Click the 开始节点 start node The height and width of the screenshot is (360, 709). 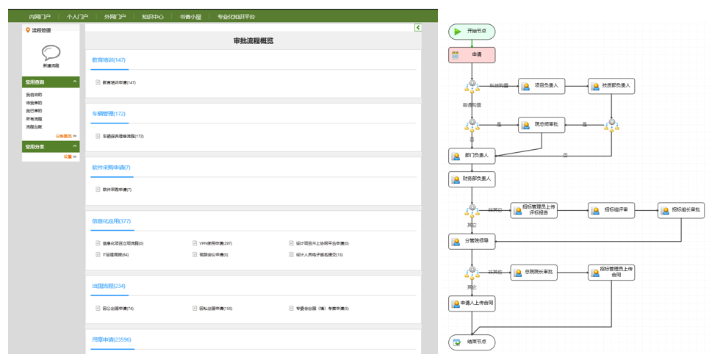[x=472, y=32]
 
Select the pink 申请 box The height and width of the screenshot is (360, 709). [x=472, y=55]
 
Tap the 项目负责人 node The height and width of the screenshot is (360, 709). [x=541, y=86]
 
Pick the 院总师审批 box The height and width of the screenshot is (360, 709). [x=541, y=125]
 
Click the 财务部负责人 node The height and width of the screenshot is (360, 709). [x=472, y=179]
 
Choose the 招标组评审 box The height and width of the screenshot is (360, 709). [x=611, y=210]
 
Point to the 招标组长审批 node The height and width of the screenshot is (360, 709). [x=680, y=210]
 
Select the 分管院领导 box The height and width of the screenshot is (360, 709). [x=472, y=240]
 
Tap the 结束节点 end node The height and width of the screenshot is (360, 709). [x=472, y=342]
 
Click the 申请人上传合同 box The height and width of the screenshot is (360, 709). [x=472, y=303]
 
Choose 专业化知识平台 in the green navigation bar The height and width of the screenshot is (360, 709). [x=236, y=16]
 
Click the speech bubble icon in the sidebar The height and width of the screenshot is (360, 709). [x=51, y=53]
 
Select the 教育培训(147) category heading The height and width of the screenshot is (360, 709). [x=109, y=60]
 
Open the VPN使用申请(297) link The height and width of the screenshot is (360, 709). [x=216, y=243]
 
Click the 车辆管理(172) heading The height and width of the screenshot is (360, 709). [x=109, y=114]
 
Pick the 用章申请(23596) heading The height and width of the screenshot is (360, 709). [x=112, y=339]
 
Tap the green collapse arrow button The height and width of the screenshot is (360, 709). [x=417, y=28]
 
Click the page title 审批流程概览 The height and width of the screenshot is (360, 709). [x=253, y=41]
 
